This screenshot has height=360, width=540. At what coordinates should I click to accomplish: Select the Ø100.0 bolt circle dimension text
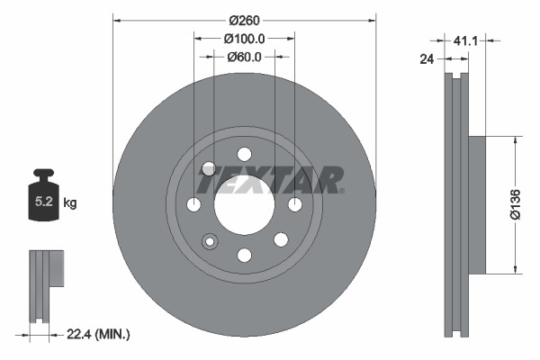point(244,39)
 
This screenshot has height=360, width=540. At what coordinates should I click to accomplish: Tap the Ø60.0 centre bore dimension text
point(244,57)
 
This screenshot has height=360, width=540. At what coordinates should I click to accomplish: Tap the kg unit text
point(70,203)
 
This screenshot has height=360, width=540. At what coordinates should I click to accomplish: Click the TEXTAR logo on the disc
point(270,180)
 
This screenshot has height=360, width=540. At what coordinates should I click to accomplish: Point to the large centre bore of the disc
point(244,205)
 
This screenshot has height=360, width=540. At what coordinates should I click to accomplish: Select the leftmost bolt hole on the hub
point(193,205)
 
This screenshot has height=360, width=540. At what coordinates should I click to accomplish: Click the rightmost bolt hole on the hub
point(294,205)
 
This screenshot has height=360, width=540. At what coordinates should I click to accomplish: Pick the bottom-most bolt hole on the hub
point(244,256)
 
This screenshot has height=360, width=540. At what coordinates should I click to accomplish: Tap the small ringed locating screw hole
point(211,241)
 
